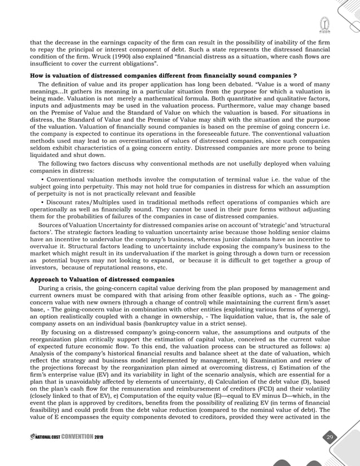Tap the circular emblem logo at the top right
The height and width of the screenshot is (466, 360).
click(x=324, y=25)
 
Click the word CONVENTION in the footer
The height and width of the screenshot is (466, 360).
click(x=78, y=439)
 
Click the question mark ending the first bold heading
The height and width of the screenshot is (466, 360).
click(x=296, y=76)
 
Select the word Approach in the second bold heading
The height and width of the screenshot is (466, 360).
click(x=45, y=280)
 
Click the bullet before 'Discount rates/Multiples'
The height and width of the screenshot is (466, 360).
click(x=43, y=202)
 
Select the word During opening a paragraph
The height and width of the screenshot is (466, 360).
click(x=47, y=288)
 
